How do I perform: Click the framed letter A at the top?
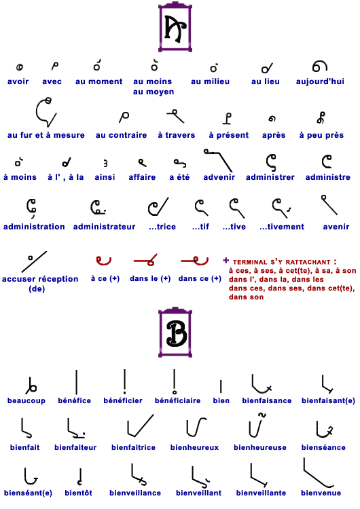[175, 27]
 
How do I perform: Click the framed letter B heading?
[175, 332]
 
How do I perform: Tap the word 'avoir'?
[18, 81]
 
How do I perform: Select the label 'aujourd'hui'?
[320, 81]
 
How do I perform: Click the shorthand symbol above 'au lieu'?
[267, 68]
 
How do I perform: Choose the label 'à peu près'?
[321, 135]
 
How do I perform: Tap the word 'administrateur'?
[105, 227]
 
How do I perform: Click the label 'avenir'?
[336, 227]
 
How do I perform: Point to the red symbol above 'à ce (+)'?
[103, 261]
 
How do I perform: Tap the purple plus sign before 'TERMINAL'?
[226, 260]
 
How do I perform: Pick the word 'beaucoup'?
[26, 401]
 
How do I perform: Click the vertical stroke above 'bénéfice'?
[76, 382]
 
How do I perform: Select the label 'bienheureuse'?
[260, 448]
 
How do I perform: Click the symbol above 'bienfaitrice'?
[140, 426]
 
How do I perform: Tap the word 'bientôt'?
[78, 493]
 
